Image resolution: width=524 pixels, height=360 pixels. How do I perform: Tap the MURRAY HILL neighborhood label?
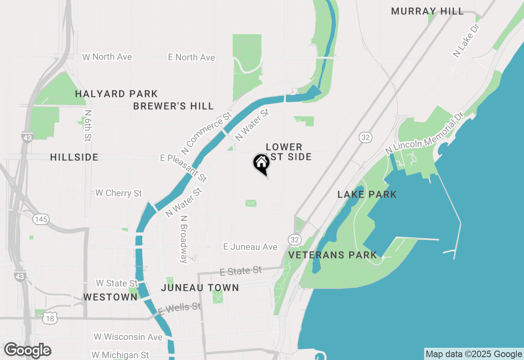coord(427,11)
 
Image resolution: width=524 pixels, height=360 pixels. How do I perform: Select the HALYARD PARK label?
coord(116,94)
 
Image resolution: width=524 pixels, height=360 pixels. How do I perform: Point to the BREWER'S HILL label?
coord(174,106)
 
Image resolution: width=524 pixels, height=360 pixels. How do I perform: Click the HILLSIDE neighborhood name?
coord(74,157)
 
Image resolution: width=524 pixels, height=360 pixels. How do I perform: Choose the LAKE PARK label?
coord(367,194)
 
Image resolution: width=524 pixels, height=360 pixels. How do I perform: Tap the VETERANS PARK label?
coord(332,255)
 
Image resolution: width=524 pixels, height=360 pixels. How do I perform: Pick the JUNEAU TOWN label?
coord(200,288)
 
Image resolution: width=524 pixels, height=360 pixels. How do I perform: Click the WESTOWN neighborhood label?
coord(110,297)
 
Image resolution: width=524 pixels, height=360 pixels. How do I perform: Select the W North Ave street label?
coord(107,57)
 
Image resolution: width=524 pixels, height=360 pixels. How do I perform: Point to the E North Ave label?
coord(192,58)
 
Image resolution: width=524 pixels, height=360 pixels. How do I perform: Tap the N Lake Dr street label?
coord(466,40)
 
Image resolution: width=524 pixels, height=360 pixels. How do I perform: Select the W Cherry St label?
coord(119,193)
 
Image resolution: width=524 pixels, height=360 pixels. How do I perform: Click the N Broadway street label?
coord(184,239)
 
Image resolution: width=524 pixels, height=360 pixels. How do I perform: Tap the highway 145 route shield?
coord(41,219)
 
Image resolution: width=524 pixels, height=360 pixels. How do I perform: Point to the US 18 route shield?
coord(50,318)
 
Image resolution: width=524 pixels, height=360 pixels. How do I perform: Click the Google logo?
coord(27,350)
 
